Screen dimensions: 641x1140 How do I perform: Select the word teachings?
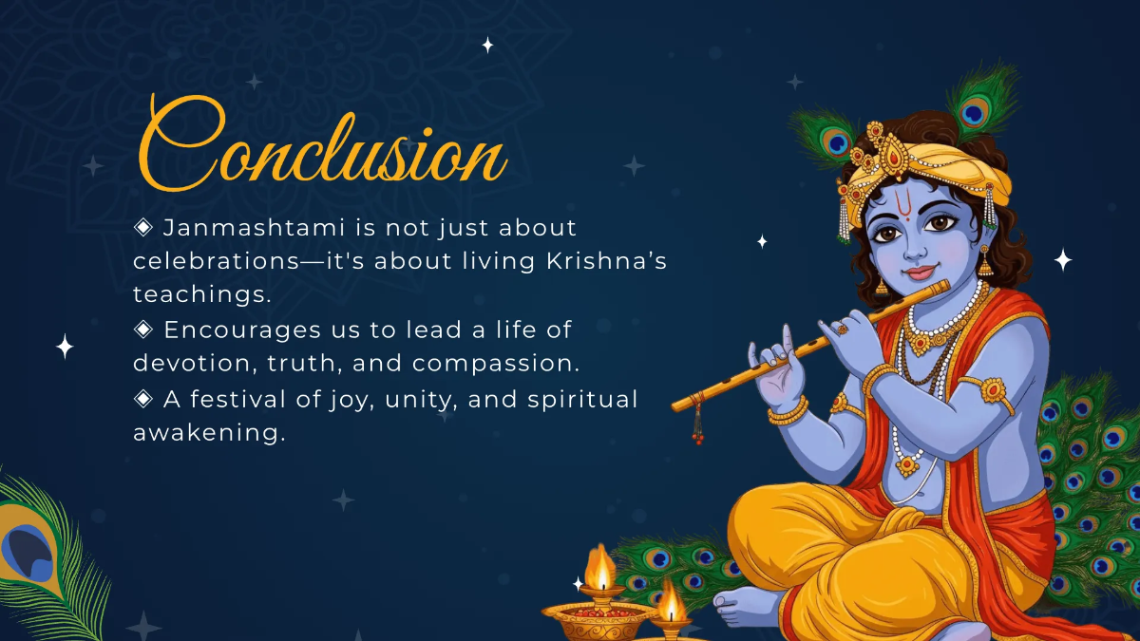[201, 295]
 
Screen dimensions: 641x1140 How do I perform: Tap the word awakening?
[209, 433]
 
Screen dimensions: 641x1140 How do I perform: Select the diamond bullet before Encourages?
[143, 329]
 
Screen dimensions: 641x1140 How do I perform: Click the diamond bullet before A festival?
[143, 399]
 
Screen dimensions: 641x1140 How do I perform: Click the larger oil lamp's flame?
[600, 568]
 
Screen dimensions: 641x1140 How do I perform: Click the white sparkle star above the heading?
[487, 45]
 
